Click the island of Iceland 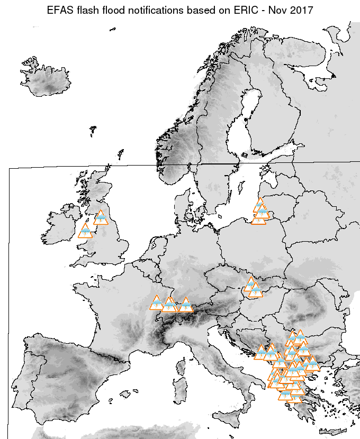point(45,82)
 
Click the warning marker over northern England point(100,218)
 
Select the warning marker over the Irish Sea point(85,231)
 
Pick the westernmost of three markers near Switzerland point(156,304)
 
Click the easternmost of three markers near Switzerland point(185,305)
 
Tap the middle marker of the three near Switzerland point(169,305)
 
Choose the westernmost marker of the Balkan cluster point(260,353)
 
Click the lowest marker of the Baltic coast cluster point(258,218)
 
